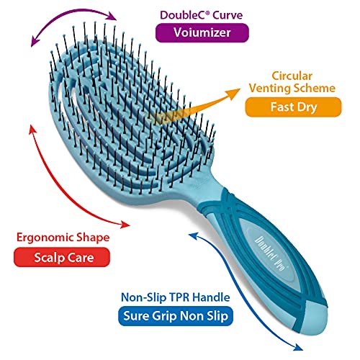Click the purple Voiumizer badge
[x=202, y=33]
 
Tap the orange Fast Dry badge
[x=293, y=107]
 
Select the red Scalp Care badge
[x=62, y=257]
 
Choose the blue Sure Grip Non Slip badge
[x=176, y=316]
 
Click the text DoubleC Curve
[x=201, y=15]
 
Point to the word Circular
[x=292, y=76]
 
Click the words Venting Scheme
[x=292, y=88]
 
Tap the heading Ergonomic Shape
[x=63, y=238]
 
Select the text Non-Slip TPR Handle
[x=176, y=297]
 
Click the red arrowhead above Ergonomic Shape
[x=33, y=130]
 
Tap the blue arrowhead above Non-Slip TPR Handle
[x=194, y=236]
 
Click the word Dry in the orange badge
[x=307, y=107]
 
